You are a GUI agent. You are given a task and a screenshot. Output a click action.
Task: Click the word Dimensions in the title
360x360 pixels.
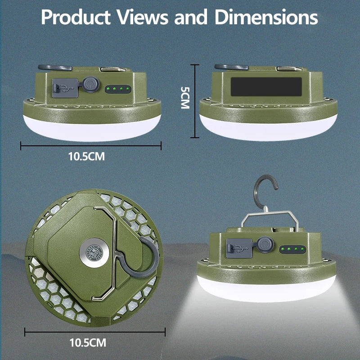click(266, 18)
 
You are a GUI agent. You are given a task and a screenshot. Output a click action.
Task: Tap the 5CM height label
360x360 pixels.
click(184, 97)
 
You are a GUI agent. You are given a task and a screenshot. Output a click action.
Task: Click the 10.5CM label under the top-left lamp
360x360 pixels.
click(86, 157)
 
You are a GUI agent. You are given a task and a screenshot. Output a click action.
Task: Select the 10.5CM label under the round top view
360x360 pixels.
click(88, 343)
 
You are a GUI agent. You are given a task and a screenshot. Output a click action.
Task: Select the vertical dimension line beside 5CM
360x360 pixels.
click(195, 101)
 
